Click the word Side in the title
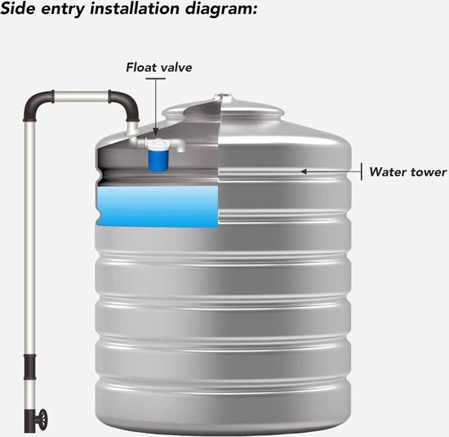tap(18, 8)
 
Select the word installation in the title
tap(135, 8)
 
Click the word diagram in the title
tap(220, 10)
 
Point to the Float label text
tap(140, 67)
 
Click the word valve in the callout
tap(175, 67)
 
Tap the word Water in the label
tap(388, 172)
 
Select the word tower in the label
tap(429, 172)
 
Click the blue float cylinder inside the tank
tap(158, 160)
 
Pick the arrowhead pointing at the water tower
tap(305, 172)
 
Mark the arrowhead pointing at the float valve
tap(155, 132)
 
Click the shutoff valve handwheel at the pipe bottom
tap(43, 419)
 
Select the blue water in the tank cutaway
tap(158, 207)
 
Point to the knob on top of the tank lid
tap(222, 96)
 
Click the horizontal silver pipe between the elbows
tap(82, 97)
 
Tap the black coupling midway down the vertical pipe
tap(29, 367)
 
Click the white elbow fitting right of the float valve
tap(180, 145)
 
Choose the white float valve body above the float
tap(158, 143)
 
